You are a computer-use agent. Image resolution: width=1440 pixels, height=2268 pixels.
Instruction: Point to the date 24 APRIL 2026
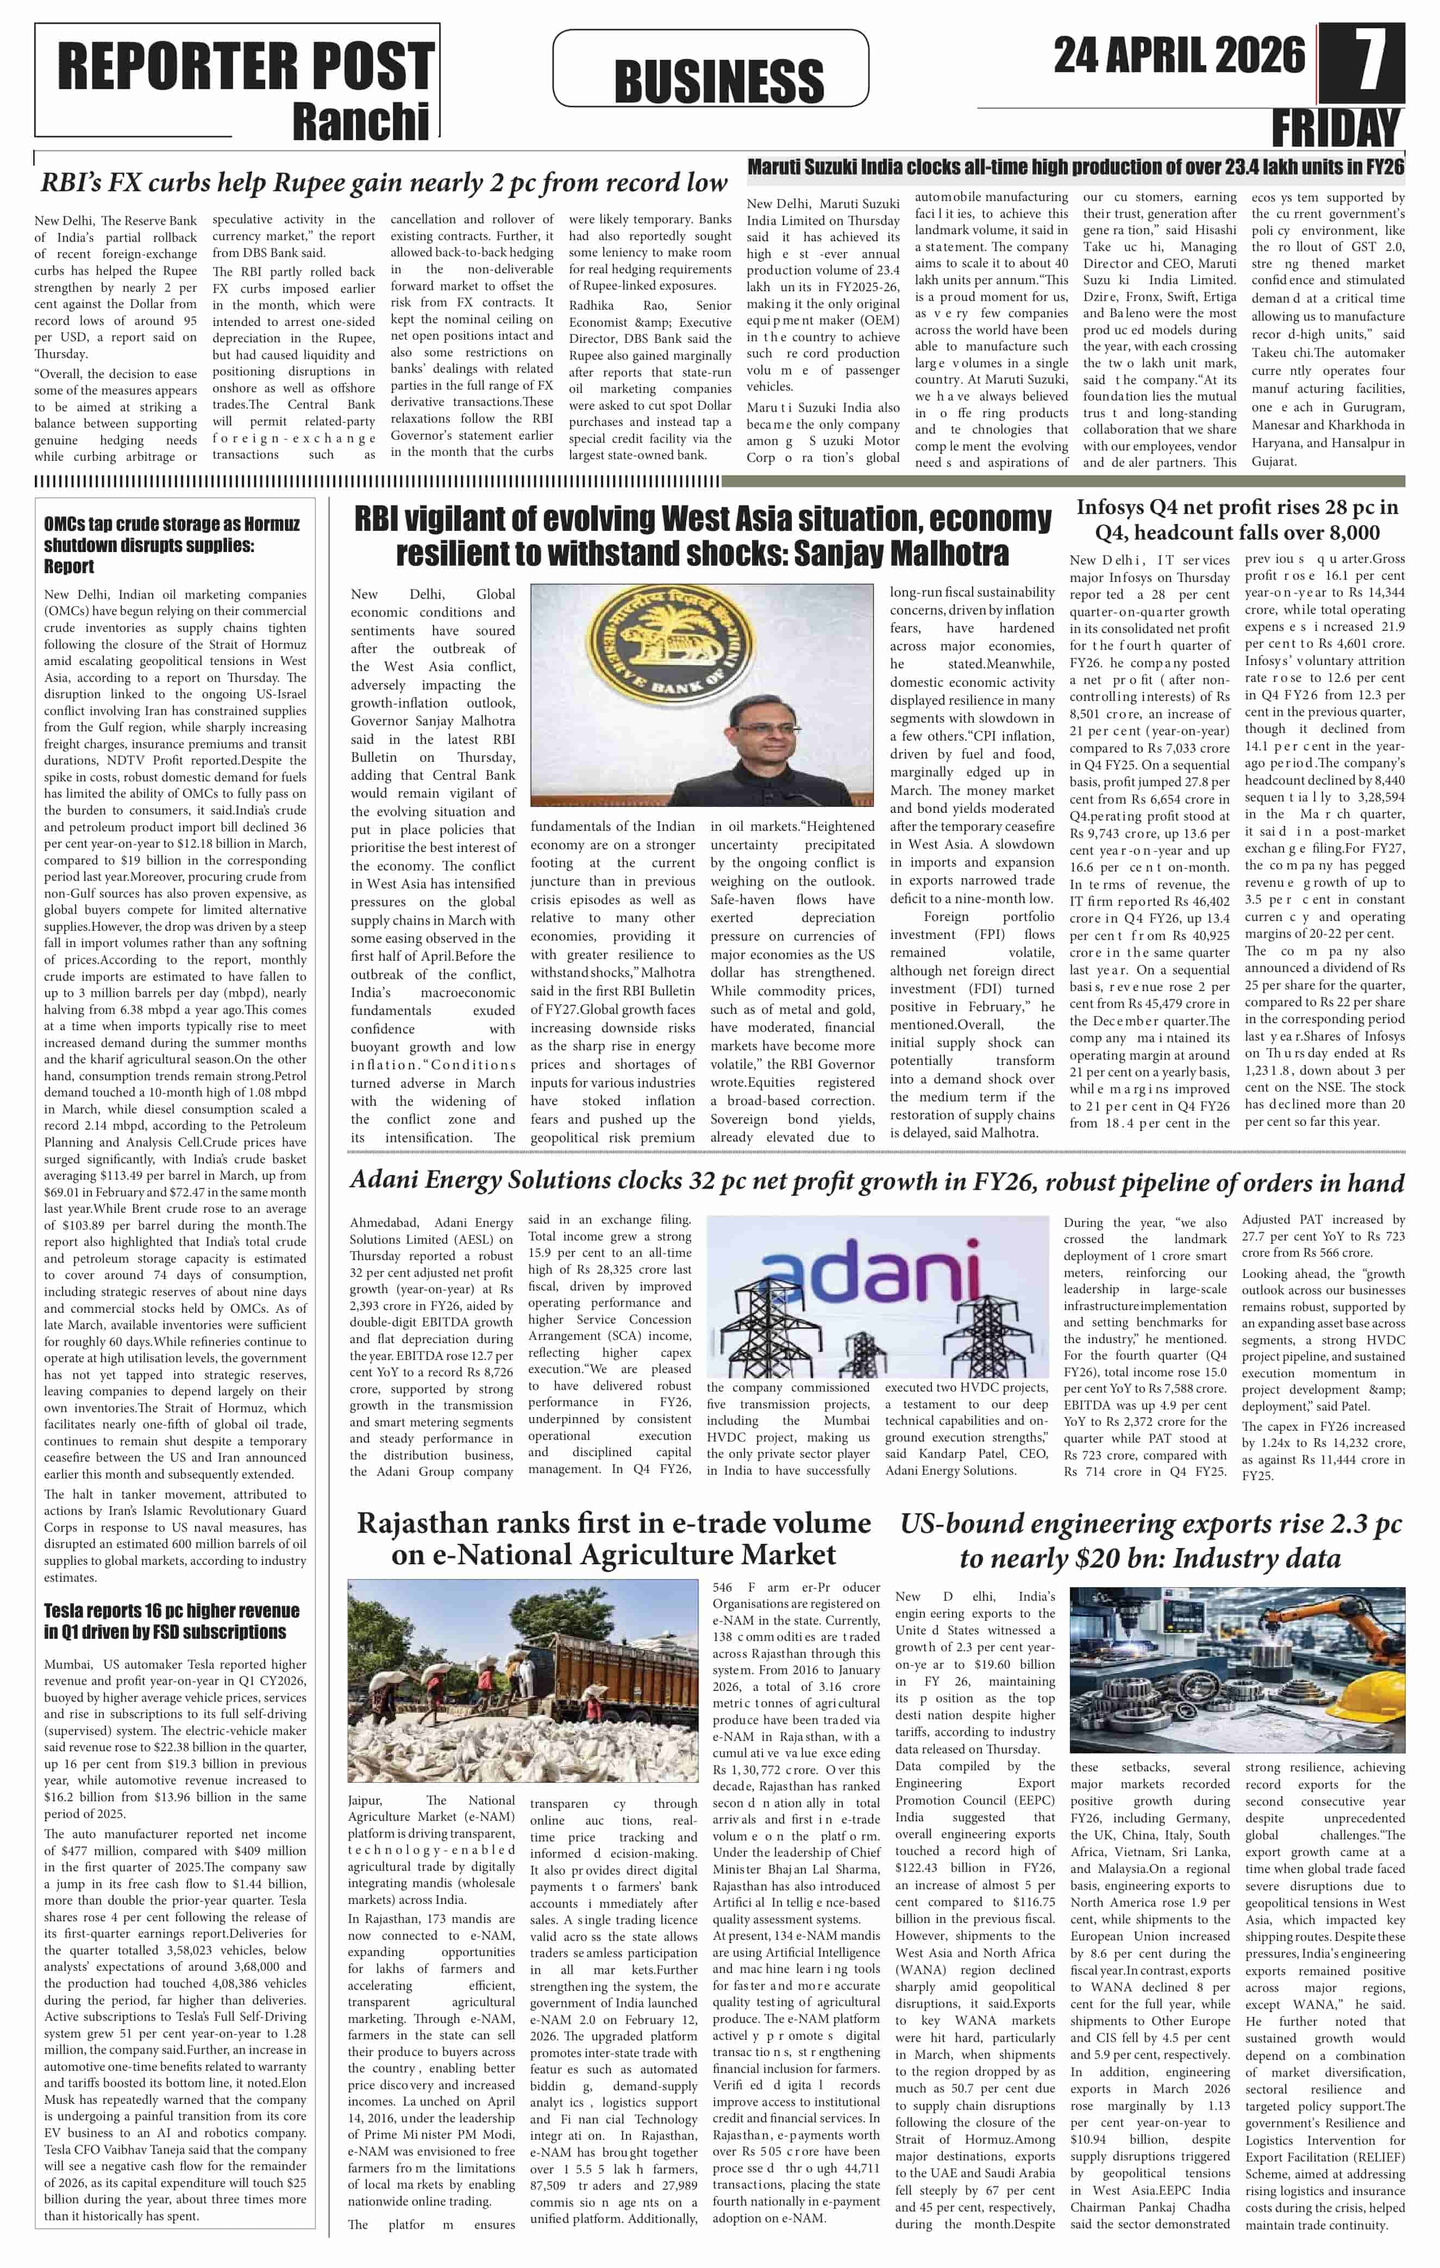[1179, 55]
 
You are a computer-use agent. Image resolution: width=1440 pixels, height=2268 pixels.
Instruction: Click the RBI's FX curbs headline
[383, 183]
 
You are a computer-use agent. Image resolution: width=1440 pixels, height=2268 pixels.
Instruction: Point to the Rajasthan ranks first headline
[613, 1538]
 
